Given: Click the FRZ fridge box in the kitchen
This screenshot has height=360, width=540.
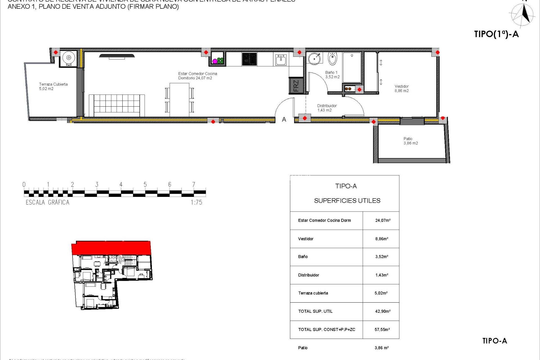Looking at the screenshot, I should coord(296,85).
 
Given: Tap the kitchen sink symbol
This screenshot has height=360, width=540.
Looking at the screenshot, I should coord(281,60).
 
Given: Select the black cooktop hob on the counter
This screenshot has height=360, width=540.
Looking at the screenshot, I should coord(249,59).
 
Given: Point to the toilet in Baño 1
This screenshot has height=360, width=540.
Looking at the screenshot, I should coord(332,58).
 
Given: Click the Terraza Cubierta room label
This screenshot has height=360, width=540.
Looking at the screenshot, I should coord(53,86).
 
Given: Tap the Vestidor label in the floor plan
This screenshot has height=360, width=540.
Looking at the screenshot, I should coord(402,88).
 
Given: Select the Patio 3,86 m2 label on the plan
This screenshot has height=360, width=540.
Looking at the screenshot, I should coord(410,141).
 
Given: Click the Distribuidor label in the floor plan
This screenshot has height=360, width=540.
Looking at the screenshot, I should coord(327,108).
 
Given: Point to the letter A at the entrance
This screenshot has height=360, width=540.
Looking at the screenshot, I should coord(284,120).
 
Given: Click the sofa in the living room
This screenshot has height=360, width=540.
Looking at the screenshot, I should coord(117,105).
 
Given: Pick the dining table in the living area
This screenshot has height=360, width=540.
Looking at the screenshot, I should coord(179,100).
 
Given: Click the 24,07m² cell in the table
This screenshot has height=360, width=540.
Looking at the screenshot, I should coord(382,220).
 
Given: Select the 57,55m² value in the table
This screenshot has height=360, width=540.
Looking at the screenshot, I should coord(382,329).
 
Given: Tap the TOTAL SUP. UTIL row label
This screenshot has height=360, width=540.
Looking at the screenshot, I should coord(315,311).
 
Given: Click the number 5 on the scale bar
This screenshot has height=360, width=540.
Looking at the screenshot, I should coord(145,184).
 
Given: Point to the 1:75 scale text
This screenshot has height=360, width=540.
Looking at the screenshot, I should coord(196,202).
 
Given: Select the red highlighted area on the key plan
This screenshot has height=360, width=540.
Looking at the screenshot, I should coord(111,247).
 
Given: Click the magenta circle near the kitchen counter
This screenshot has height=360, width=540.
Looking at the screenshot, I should coord(215,61).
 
